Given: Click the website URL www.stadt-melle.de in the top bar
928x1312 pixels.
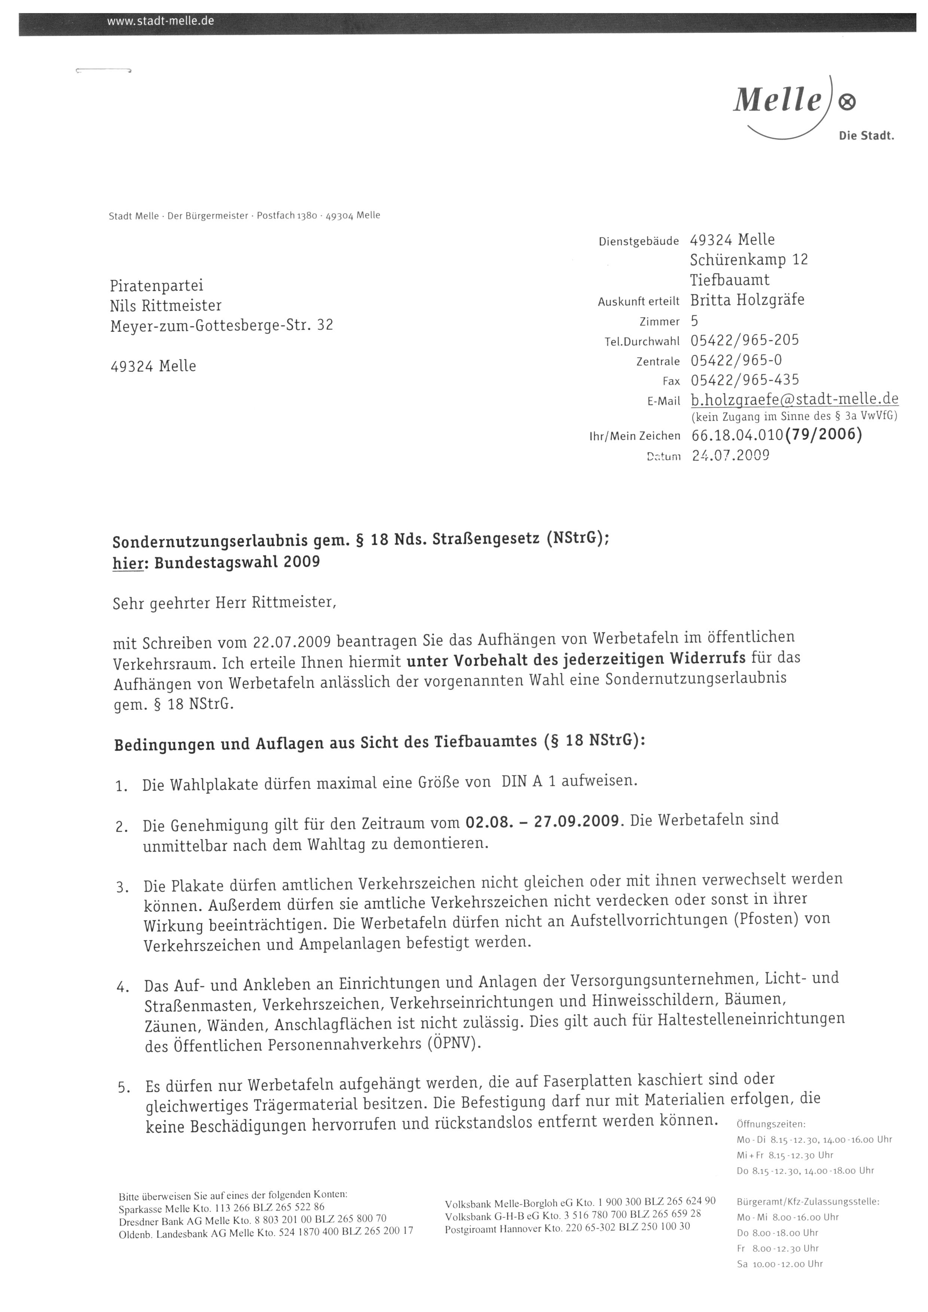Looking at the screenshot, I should coord(161,22).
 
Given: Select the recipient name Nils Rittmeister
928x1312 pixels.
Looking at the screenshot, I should coord(166,306).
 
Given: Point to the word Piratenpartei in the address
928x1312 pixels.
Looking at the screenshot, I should coord(156,286).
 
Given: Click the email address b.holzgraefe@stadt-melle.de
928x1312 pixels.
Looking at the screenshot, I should coord(794,399).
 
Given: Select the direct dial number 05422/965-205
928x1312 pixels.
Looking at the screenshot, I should coord(745,340).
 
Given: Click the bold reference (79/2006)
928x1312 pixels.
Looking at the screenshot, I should coord(824,435).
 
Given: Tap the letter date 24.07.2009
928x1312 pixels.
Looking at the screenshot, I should coord(730,455).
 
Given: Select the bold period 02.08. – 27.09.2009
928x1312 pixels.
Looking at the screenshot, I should coord(542,822).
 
